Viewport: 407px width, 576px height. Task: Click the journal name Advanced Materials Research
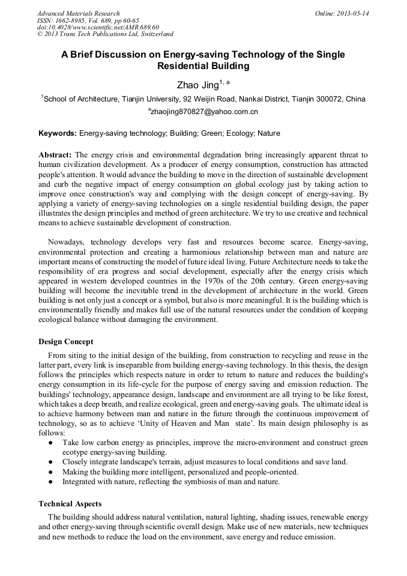pos(78,13)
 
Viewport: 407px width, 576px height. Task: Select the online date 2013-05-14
pos(352,13)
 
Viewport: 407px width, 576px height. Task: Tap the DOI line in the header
pos(98,27)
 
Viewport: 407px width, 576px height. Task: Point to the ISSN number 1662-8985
pos(75,20)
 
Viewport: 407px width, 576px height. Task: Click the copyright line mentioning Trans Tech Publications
pos(105,34)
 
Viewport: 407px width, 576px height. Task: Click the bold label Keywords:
pos(58,133)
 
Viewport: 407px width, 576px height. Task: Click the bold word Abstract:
pos(55,155)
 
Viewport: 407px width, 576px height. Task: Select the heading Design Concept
pos(66,342)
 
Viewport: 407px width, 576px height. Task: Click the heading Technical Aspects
pos(70,503)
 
